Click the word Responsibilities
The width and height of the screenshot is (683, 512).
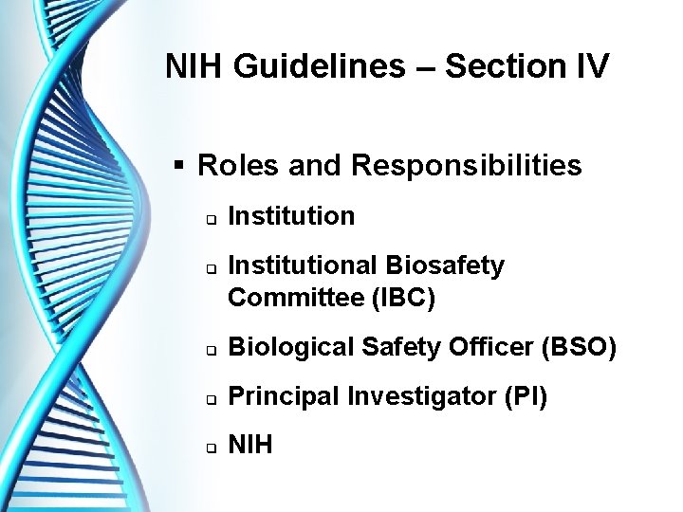[466, 166]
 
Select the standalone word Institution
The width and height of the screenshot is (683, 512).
[291, 216]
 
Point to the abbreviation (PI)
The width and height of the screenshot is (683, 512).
[526, 396]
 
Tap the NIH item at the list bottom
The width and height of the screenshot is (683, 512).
[250, 444]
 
